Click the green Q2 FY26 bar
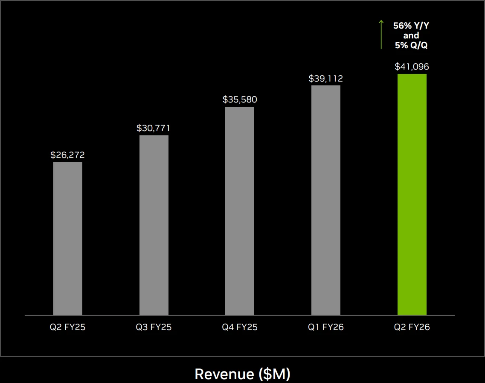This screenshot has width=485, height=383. [412, 194]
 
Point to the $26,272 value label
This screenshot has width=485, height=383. [68, 155]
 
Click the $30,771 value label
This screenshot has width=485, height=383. [154, 128]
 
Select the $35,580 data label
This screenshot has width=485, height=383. [240, 99]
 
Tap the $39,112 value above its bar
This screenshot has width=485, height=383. [326, 79]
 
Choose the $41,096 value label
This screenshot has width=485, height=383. [412, 67]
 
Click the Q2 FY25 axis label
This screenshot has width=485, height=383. [68, 327]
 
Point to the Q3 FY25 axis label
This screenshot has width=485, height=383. [154, 327]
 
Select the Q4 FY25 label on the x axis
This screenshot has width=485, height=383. [240, 327]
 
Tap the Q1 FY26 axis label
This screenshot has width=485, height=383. [326, 327]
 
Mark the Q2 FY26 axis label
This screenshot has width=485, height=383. [412, 327]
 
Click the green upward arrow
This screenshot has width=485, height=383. [381, 35]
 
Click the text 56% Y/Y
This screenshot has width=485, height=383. [411, 26]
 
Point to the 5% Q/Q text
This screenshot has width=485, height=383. [411, 45]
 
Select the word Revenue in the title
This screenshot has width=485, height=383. [224, 374]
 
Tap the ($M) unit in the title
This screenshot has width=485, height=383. [274, 374]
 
